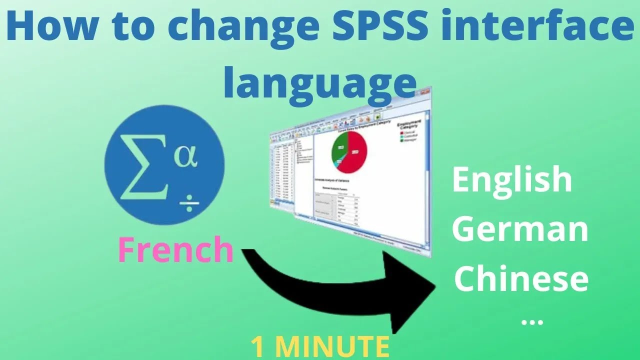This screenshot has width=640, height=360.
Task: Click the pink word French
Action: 175,250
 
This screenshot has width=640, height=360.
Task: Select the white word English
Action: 512,180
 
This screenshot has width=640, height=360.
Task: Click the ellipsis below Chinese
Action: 531,321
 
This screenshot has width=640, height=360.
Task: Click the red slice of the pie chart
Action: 356,155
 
